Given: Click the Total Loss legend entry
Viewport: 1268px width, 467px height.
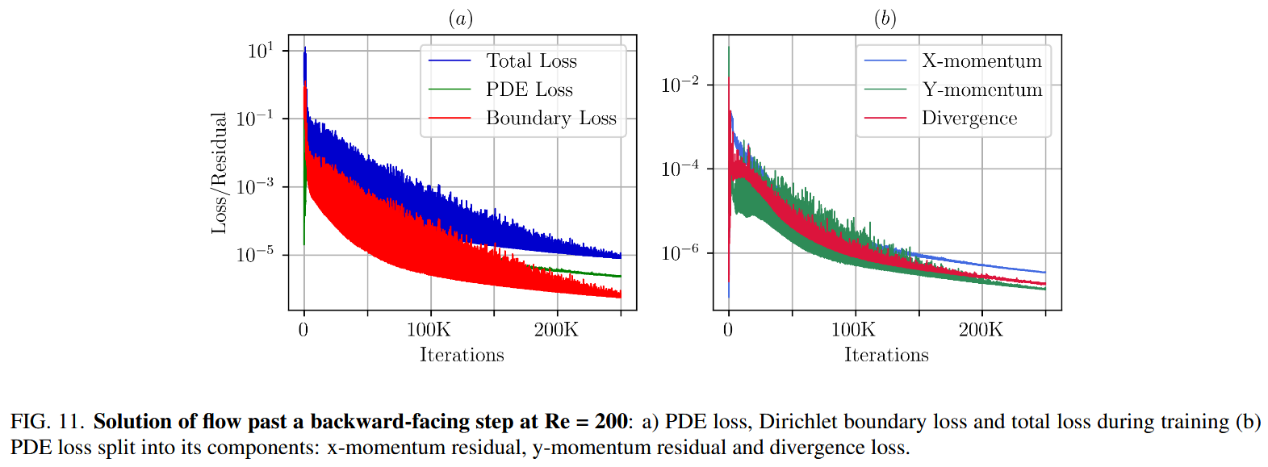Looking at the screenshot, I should (531, 61).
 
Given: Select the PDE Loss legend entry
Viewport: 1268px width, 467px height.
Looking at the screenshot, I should (529, 90).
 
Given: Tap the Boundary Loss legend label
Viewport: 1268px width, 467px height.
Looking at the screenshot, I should (550, 119).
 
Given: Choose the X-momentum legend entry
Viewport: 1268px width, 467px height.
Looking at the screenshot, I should (981, 61).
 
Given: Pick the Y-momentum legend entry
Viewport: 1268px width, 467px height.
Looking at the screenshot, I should (981, 90).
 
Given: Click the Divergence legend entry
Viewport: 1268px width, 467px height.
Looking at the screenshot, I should (969, 119).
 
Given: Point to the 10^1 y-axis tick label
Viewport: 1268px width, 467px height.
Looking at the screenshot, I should (261, 51).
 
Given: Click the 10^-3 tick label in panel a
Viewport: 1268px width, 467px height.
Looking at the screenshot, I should (255, 186).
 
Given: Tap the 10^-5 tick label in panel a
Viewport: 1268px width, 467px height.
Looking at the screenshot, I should (255, 255).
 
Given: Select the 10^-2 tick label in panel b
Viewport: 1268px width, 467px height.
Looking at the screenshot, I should (680, 85).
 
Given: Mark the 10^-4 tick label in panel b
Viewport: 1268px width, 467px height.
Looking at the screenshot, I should (680, 169).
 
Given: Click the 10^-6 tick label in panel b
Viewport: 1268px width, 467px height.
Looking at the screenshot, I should (680, 253).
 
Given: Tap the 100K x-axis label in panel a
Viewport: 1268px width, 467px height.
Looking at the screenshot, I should (429, 330).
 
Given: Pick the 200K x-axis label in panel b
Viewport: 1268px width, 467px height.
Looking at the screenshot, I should (981, 330).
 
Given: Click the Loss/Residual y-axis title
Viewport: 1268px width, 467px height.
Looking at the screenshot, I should (219, 173).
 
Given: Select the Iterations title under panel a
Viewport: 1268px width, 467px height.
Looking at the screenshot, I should (462, 355).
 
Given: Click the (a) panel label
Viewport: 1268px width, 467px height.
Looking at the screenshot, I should (461, 19).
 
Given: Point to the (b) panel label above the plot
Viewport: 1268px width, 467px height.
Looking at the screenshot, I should (885, 19).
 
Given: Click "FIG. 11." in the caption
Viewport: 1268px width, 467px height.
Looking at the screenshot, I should (47, 422).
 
